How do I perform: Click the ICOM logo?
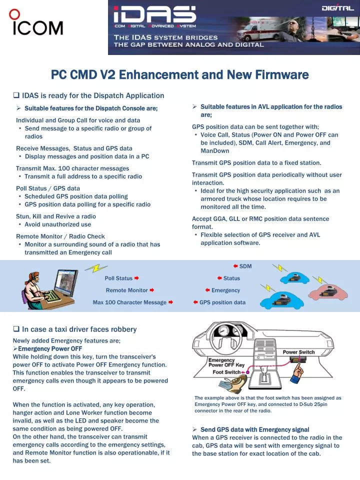click(x=36, y=23)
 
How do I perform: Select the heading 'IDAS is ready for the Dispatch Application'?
click(x=93, y=95)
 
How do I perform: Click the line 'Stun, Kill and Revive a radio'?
click(x=56, y=216)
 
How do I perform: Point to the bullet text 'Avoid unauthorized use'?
click(x=57, y=224)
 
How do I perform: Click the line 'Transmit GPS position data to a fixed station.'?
click(x=256, y=162)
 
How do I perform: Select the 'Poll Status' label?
click(x=118, y=278)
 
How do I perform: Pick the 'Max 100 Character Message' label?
click(x=129, y=302)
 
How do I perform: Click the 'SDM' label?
click(x=245, y=266)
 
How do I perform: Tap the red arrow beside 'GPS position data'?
click(x=195, y=302)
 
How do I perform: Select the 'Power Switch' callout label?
click(x=298, y=352)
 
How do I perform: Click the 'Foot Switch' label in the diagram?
click(x=226, y=372)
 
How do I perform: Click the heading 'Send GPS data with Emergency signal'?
click(x=254, y=429)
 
